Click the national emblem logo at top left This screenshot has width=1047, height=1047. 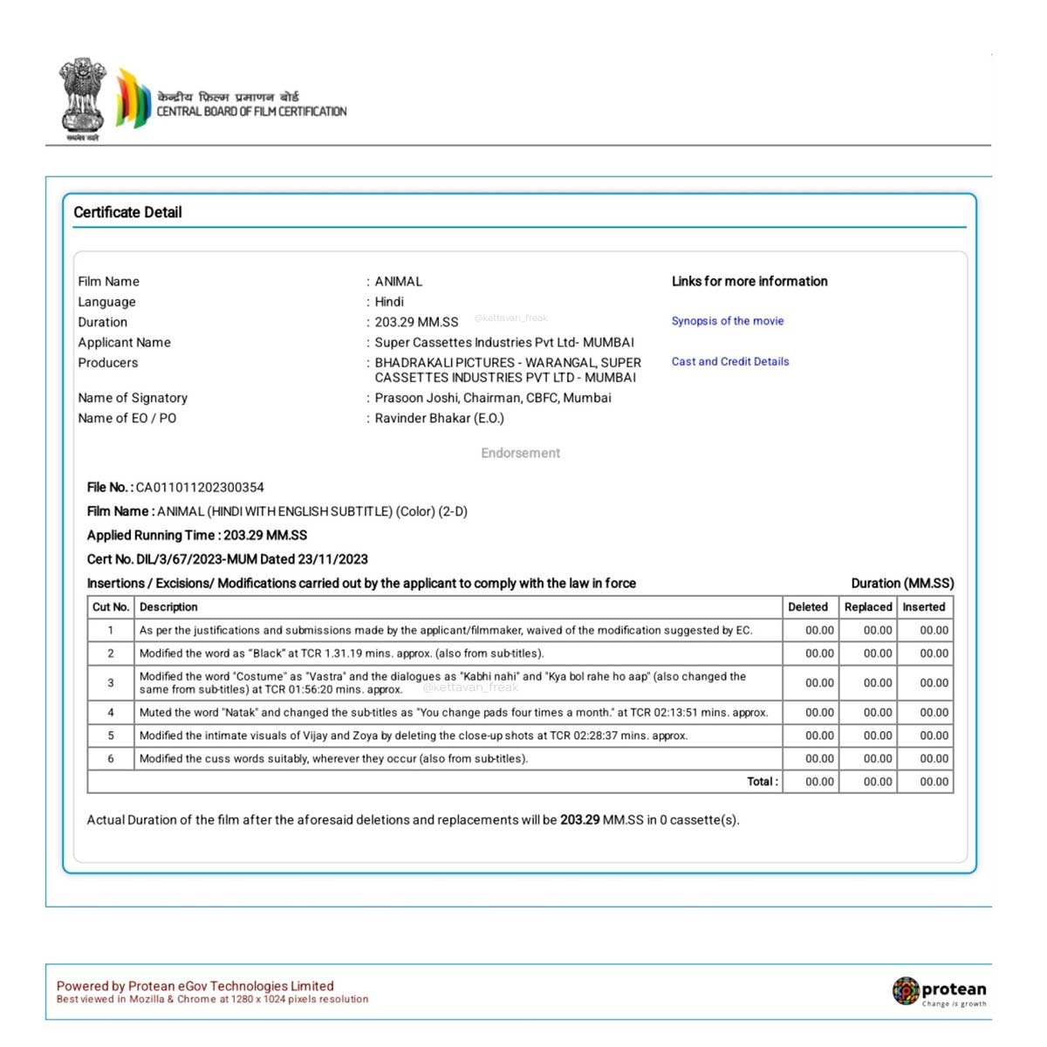click(x=82, y=98)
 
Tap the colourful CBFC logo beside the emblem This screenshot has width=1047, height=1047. click(x=133, y=98)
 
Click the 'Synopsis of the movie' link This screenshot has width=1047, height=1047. click(x=728, y=321)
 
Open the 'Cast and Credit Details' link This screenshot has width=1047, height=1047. click(x=730, y=361)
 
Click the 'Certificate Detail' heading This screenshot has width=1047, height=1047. click(x=127, y=212)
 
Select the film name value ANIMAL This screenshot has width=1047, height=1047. click(x=399, y=281)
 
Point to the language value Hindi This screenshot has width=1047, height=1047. click(x=389, y=302)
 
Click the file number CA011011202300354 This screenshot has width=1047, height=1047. click(x=200, y=488)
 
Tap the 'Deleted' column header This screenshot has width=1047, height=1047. click(x=808, y=607)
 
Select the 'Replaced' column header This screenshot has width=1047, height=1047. click(x=868, y=607)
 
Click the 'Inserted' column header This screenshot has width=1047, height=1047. click(x=924, y=607)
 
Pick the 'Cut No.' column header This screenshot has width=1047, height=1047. click(x=111, y=607)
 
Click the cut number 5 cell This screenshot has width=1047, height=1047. click(x=111, y=736)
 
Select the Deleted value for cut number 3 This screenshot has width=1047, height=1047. click(x=819, y=683)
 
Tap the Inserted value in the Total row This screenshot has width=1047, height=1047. click(x=934, y=782)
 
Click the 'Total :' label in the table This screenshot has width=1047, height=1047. click(x=763, y=782)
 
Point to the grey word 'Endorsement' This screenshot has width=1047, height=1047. click(x=521, y=453)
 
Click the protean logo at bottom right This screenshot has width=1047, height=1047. click(x=939, y=991)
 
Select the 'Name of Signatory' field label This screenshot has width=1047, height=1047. click(x=133, y=398)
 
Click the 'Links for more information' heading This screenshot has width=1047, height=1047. click(x=749, y=281)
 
